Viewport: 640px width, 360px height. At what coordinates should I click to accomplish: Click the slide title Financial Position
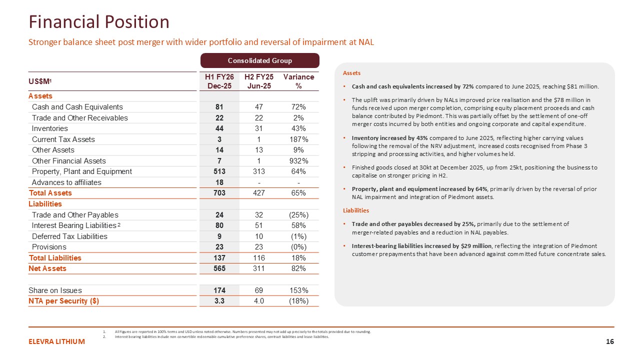99,22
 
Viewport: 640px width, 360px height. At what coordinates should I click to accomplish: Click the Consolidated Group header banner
259,60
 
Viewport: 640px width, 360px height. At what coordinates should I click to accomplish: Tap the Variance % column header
298,81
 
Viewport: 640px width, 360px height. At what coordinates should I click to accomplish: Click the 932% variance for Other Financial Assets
298,161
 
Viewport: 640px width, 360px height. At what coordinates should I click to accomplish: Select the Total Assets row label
50,193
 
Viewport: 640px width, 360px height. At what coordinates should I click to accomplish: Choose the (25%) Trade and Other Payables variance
298,215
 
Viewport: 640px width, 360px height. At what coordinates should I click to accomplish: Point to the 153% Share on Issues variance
298,290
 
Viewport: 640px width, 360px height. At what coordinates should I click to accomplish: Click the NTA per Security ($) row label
64,301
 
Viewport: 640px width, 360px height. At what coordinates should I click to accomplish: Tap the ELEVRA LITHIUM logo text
56,341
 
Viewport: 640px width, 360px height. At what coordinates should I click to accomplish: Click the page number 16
609,341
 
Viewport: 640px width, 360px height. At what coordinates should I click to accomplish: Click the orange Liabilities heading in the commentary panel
355,210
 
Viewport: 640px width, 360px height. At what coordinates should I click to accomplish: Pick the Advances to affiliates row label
66,182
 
